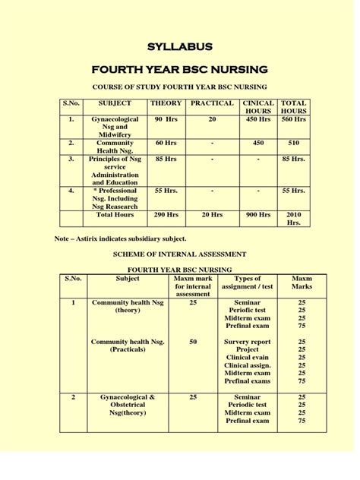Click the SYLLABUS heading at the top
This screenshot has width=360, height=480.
180,47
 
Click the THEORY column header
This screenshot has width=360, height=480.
166,103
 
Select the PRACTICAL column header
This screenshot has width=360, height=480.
212,103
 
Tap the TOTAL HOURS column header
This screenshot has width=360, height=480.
293,107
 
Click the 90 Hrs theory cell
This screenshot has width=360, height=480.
166,120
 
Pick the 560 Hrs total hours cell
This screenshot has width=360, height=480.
293,120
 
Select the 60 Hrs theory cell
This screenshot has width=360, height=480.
166,143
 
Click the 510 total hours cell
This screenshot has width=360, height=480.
293,143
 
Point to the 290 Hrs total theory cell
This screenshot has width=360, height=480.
166,215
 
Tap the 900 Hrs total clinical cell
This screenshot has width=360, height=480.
258,215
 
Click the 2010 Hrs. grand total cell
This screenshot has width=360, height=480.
293,219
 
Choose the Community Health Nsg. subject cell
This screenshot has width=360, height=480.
115,147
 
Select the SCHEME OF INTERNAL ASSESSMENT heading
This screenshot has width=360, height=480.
179,254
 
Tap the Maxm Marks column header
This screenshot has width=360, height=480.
302,283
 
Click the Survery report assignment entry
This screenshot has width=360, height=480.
248,343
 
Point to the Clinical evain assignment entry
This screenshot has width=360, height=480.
248,358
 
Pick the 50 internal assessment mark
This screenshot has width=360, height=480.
193,343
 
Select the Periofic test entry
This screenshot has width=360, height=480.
248,310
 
